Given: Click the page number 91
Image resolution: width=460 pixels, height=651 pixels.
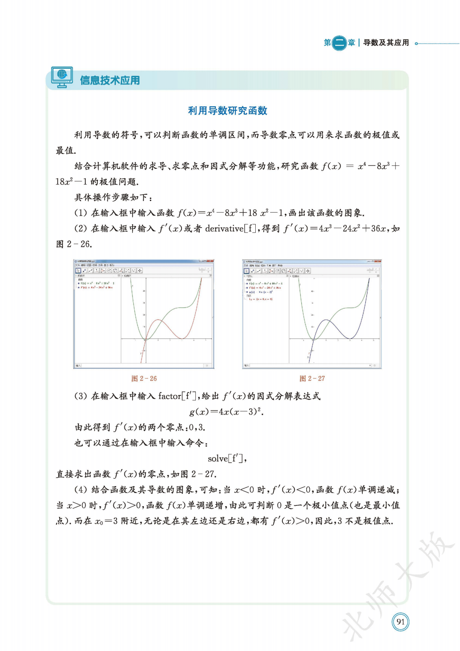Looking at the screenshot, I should point(401,622).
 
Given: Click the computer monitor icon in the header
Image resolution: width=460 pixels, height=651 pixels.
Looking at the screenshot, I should point(62,77).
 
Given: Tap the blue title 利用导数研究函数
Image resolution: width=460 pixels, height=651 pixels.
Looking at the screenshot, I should point(227,111).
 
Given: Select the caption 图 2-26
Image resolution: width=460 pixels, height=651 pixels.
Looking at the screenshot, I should point(144,379).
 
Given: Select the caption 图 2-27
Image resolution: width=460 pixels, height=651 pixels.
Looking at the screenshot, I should point(312,379).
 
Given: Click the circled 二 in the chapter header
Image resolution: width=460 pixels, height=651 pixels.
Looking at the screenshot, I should point(339,42).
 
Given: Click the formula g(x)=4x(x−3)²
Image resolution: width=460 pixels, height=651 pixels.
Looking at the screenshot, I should point(226,412).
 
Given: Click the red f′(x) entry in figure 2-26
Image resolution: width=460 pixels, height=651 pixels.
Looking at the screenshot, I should point(96,287).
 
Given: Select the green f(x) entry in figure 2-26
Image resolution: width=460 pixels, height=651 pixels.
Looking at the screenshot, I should point(97,283).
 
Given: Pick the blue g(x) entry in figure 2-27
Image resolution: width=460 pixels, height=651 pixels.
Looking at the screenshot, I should point(261,292).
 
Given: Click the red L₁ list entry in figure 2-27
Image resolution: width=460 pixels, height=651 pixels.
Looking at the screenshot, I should point(261,299).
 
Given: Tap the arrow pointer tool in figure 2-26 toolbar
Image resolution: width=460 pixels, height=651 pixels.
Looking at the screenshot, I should point(78,271).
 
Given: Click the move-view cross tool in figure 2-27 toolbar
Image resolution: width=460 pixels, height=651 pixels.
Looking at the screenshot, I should point(308,271).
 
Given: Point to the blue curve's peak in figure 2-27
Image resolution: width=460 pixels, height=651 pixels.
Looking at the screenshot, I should point(326,320).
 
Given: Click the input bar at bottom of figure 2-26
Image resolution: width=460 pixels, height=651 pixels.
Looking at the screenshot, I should point(143,365).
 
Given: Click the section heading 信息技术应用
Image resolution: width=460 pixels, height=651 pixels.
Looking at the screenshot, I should point(110,80).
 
